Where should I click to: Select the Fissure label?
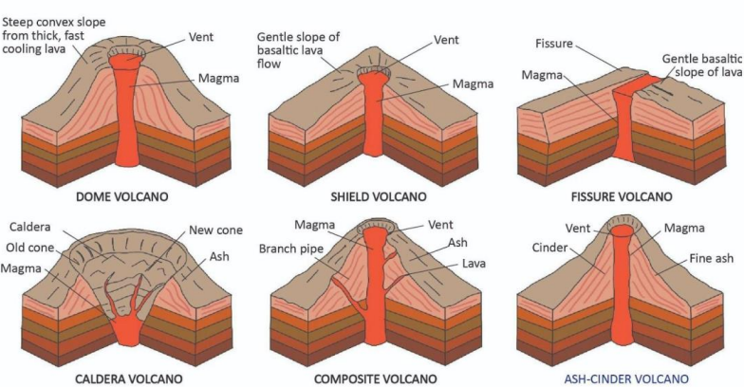[554, 44]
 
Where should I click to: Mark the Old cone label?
[30, 249]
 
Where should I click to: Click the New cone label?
[215, 230]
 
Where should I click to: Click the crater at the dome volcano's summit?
[124, 46]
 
